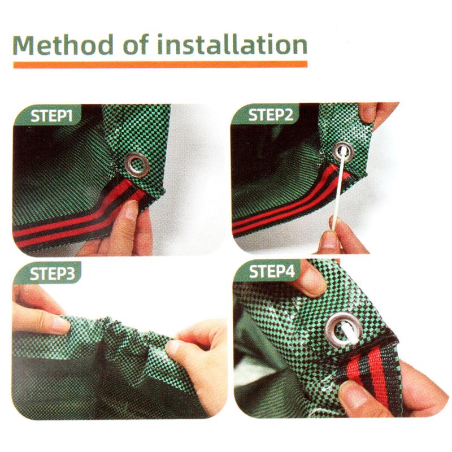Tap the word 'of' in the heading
136,44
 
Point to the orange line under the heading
160,64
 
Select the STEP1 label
51,116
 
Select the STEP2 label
271,115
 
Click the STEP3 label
52,273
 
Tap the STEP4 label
272,271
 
